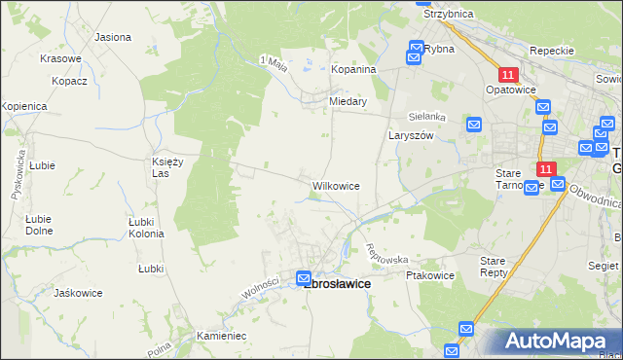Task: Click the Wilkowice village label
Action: point(336,185)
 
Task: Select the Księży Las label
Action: point(169,166)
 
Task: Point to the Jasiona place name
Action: point(113,37)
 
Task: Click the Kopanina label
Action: point(353,70)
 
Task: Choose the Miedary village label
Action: point(348,101)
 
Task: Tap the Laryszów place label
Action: point(410,136)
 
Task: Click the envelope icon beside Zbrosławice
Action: point(304,277)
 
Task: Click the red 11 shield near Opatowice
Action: point(507,74)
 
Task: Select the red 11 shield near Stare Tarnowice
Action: point(545,168)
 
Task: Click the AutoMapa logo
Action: point(554,341)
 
